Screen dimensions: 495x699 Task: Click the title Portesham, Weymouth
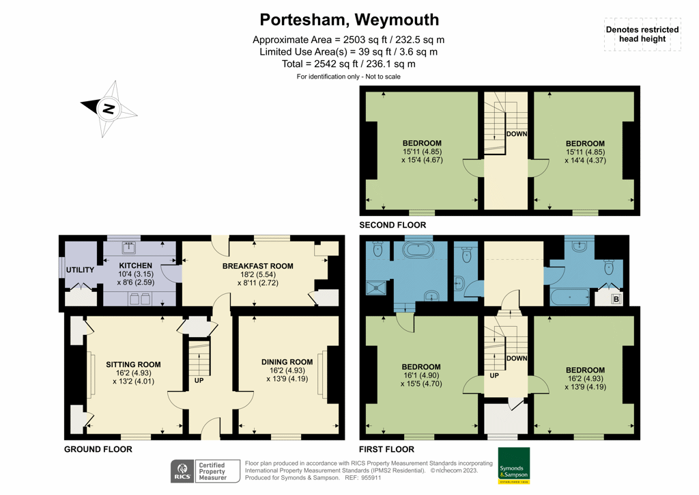[349, 20]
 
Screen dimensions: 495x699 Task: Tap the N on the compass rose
[107, 108]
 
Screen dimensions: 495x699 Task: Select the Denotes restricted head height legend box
[642, 34]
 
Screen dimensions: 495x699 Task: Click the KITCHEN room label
[136, 265]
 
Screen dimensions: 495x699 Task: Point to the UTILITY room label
[80, 270]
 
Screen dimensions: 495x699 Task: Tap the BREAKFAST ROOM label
[257, 266]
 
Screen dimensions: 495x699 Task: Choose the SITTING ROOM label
[133, 364]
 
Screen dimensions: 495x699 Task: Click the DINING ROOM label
[287, 362]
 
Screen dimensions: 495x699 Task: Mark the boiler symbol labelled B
[616, 299]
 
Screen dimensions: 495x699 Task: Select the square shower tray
[375, 289]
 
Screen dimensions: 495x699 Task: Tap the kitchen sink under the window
[128, 248]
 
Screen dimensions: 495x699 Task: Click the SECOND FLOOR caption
[393, 225]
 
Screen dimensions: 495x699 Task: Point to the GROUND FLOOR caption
[98, 449]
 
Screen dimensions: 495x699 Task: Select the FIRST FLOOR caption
[386, 449]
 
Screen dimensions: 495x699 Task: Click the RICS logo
[182, 471]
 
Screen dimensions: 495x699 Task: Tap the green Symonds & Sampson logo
[513, 466]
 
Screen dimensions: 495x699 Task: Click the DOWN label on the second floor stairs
[516, 134]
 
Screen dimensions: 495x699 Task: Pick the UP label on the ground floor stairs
[199, 379]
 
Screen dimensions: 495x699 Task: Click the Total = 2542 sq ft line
[349, 64]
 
